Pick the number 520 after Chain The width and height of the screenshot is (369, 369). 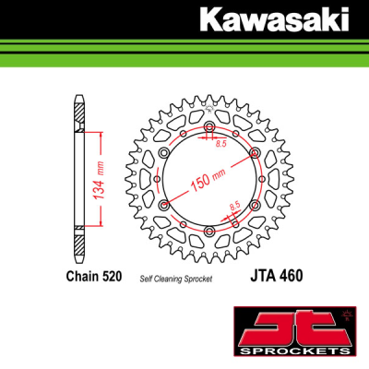(115, 276)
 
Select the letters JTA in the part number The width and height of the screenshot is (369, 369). (262, 275)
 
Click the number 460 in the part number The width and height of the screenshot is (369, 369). (292, 275)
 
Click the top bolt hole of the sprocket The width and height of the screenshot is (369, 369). (209, 127)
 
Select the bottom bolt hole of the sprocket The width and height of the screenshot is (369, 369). (209, 230)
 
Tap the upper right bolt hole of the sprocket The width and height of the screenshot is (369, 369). (255, 153)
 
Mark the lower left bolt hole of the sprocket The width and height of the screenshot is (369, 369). (165, 205)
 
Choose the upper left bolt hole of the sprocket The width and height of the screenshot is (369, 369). (165, 153)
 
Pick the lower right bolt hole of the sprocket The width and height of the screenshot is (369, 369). (255, 205)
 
